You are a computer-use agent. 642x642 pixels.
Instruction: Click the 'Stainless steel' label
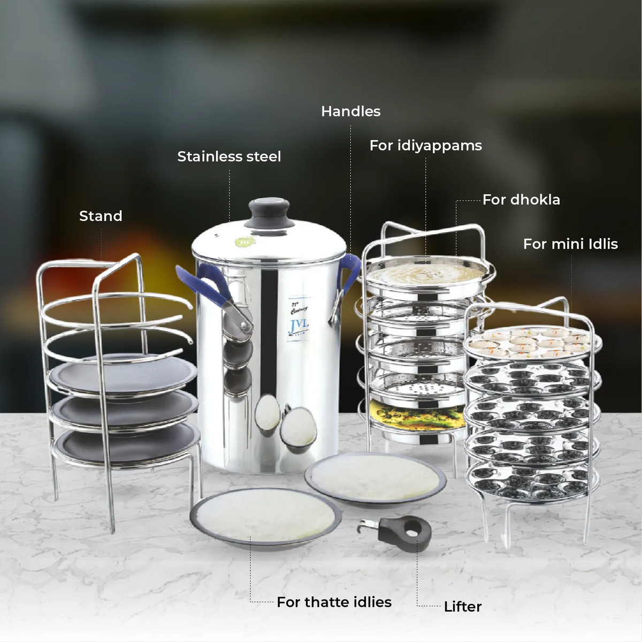tap(229, 157)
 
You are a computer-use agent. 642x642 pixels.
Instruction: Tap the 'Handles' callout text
tap(350, 111)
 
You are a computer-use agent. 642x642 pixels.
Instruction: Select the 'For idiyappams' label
tap(425, 146)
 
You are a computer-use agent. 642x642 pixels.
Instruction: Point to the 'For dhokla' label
tap(521, 200)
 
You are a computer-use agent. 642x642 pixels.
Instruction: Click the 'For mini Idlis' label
tap(570, 244)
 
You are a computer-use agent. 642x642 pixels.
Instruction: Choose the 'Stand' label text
tap(101, 216)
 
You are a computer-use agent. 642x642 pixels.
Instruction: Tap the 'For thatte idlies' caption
tap(334, 602)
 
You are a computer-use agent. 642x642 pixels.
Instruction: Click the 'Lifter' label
tap(462, 607)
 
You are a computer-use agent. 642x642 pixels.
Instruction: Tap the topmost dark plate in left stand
tap(123, 372)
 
